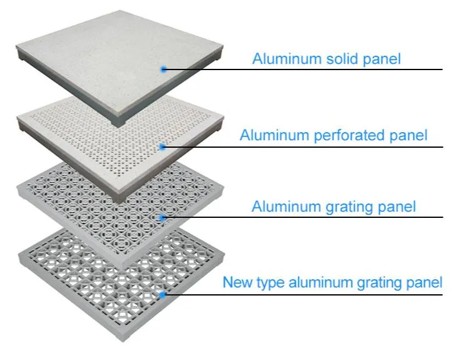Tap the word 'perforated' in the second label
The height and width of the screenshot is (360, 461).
(x=347, y=135)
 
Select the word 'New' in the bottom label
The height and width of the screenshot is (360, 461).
(x=238, y=282)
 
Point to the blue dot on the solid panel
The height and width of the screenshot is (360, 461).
(x=164, y=69)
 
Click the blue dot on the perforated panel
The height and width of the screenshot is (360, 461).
(x=163, y=147)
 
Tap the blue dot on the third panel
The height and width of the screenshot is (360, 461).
(x=163, y=217)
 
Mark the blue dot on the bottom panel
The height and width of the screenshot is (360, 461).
(x=163, y=294)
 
